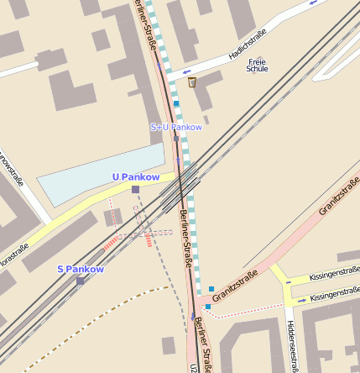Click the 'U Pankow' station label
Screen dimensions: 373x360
pos(135,177)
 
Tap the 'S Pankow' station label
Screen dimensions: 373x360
pos(81,269)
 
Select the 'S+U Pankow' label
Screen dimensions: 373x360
pos(176,127)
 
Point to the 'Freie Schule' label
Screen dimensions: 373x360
pos(257,65)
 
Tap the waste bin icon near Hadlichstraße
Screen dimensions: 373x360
pos(192,81)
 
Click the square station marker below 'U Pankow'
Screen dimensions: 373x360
pos(135,190)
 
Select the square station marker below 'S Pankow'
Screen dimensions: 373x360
pos(81,281)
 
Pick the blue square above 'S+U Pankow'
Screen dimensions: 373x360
pos(176,103)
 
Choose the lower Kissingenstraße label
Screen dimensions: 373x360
pos(334,296)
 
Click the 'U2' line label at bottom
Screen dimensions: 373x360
pos(193,368)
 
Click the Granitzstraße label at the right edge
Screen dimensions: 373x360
pos(339,196)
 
